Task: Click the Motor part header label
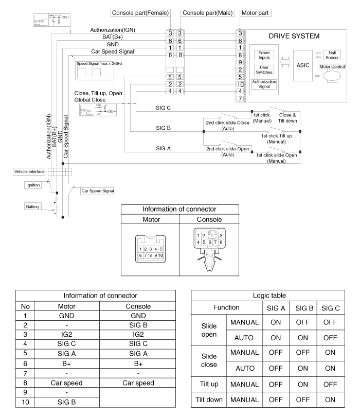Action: (x=256, y=12)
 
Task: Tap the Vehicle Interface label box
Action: (x=30, y=171)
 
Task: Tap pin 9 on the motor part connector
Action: (x=240, y=61)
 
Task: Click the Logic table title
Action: (x=275, y=296)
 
